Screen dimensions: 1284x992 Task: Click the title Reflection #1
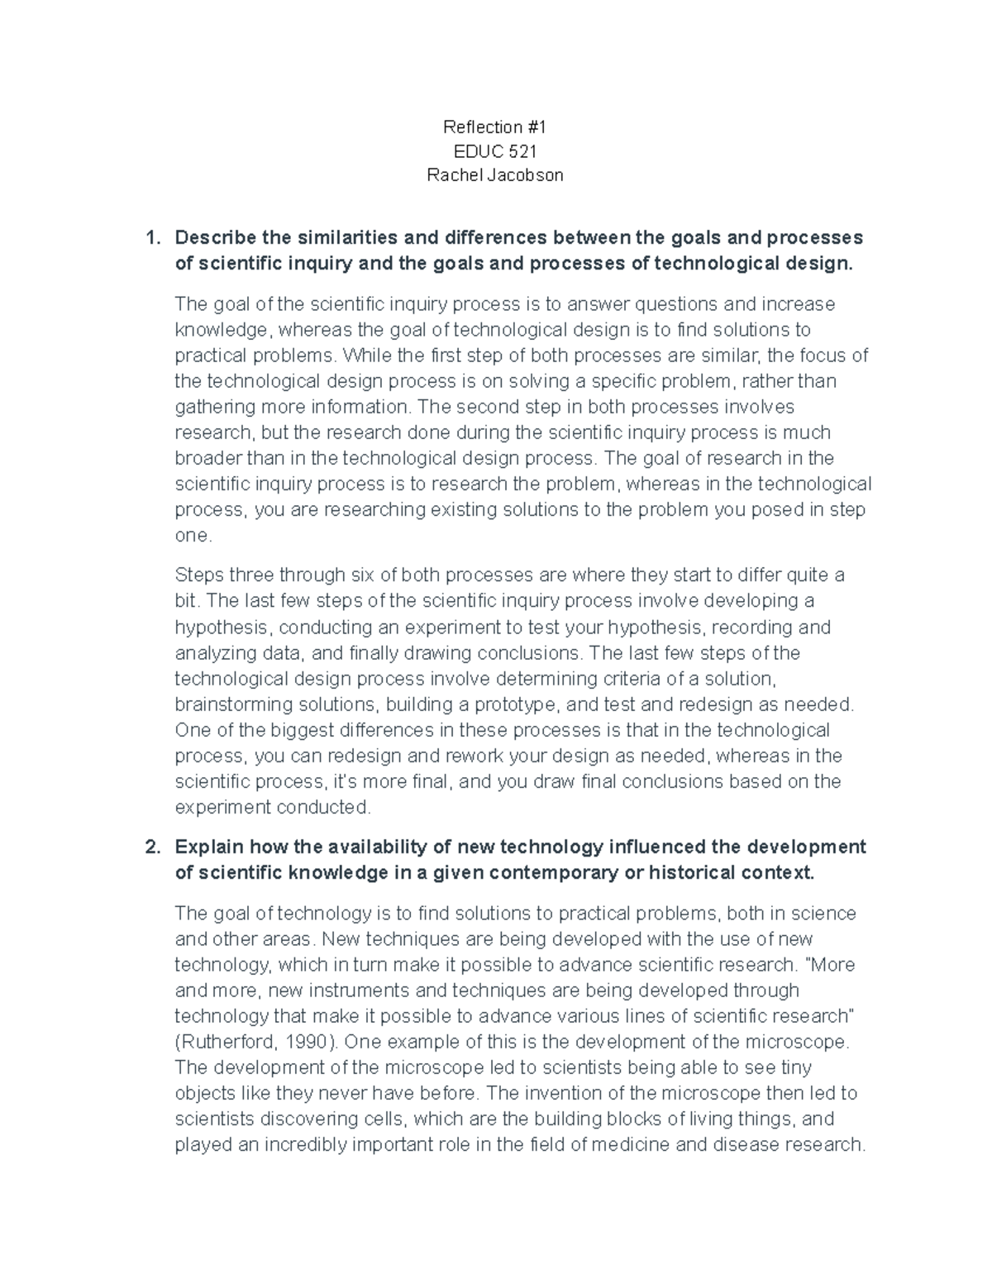(494, 126)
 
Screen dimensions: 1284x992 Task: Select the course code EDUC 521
(495, 151)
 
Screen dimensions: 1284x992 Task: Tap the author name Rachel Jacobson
(495, 175)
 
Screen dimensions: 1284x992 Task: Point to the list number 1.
(151, 238)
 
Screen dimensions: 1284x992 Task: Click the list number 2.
(151, 847)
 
